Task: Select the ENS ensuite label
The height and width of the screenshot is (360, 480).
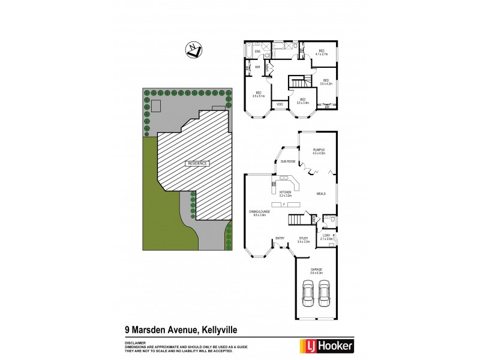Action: tap(257, 52)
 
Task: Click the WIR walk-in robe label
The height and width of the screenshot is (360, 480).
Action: tap(257, 67)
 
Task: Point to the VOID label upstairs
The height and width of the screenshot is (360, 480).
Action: tap(280, 105)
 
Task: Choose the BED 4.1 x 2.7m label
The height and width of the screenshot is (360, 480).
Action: tap(321, 52)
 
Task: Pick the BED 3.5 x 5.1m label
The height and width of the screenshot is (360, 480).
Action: tap(259, 94)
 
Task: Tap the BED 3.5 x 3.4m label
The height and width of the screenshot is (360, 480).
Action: tap(302, 101)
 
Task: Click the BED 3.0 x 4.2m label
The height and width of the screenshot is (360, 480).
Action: tap(326, 82)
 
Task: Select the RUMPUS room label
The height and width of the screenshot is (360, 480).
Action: tap(319, 151)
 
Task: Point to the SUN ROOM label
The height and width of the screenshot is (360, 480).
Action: tap(287, 161)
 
